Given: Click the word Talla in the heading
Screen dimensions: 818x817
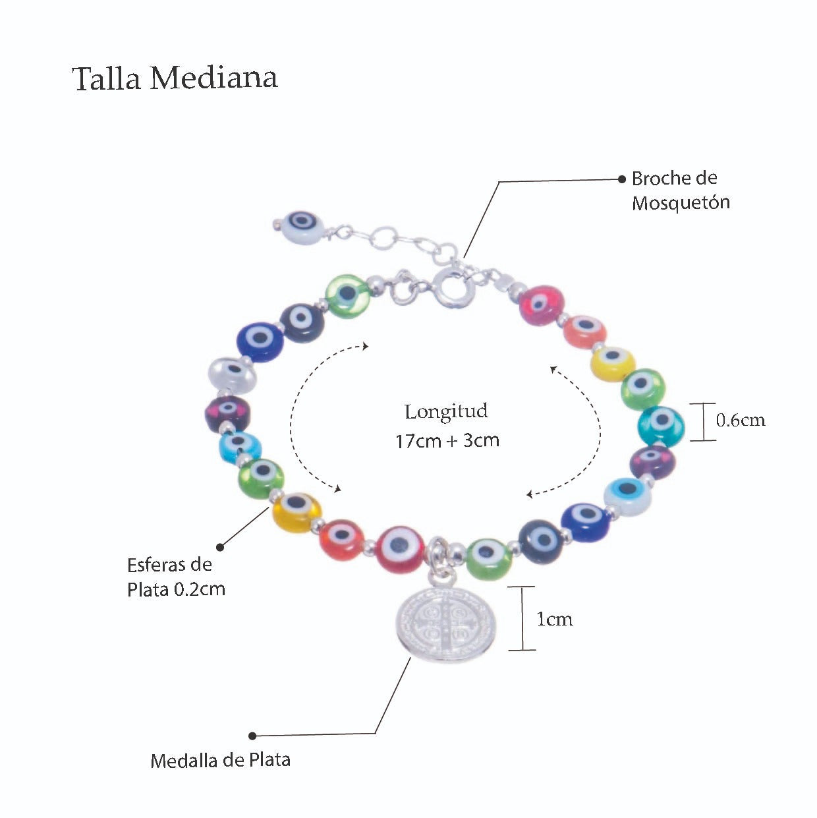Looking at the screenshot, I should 106,78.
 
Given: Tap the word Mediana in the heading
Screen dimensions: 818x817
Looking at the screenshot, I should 213,78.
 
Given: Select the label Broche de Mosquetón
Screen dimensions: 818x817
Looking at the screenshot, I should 680,190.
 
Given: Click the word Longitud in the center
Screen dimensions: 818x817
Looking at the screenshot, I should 446,412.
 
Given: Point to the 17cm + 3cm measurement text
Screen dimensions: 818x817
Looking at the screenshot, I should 447,440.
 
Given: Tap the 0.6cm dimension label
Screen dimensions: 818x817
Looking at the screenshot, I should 741,421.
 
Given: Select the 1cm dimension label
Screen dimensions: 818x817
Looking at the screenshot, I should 554,619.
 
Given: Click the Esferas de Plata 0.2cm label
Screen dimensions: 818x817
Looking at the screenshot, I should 176,577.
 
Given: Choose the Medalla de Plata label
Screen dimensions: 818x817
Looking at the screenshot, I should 220,760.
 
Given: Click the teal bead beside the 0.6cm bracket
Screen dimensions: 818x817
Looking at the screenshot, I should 661,425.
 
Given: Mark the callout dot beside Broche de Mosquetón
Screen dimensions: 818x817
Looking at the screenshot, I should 621,179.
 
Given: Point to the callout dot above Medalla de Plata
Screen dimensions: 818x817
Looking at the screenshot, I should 252,736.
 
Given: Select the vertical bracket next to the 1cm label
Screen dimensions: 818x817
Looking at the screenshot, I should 522,618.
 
